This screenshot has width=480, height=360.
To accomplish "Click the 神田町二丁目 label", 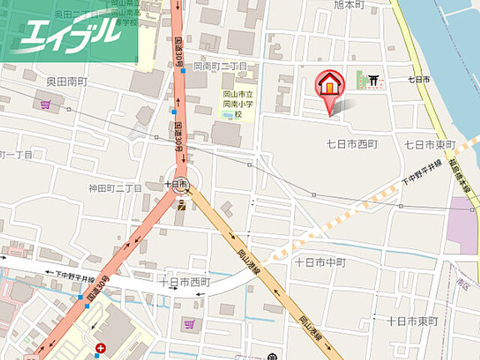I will [x=115, y=187].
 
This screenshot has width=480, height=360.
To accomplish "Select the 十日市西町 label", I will [x=184, y=281].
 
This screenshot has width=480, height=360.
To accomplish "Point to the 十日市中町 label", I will [x=320, y=262].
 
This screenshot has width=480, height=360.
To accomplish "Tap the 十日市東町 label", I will [x=412, y=320].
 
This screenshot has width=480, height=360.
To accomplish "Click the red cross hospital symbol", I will [x=100, y=348].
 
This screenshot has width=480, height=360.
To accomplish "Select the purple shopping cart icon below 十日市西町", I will [x=187, y=324].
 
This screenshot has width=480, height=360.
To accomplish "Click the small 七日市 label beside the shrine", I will [x=418, y=79].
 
